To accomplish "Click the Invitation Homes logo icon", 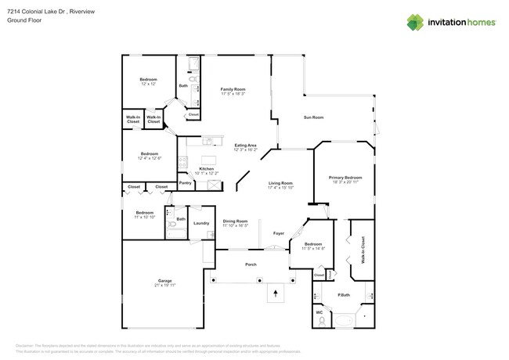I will coord(415,21).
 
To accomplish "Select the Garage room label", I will coord(164,281).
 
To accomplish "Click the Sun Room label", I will coord(313,117).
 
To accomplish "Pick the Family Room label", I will coord(233,90).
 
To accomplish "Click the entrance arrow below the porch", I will coord(274,294).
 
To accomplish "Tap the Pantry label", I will coord(186,183).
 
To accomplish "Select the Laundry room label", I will coord(201,223).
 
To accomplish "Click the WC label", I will coord(319,313).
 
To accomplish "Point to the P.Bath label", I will coord(343,295).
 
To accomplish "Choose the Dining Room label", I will coord(235,221).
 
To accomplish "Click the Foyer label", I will coord(278,233).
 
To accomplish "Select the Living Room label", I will coord(280,183).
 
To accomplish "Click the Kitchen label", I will coord(206,168).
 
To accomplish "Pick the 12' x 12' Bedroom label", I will coord(149,80).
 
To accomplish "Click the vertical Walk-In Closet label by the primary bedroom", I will coord(363,249).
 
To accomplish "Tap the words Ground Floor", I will coord(23,21).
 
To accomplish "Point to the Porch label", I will coord(251,265).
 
